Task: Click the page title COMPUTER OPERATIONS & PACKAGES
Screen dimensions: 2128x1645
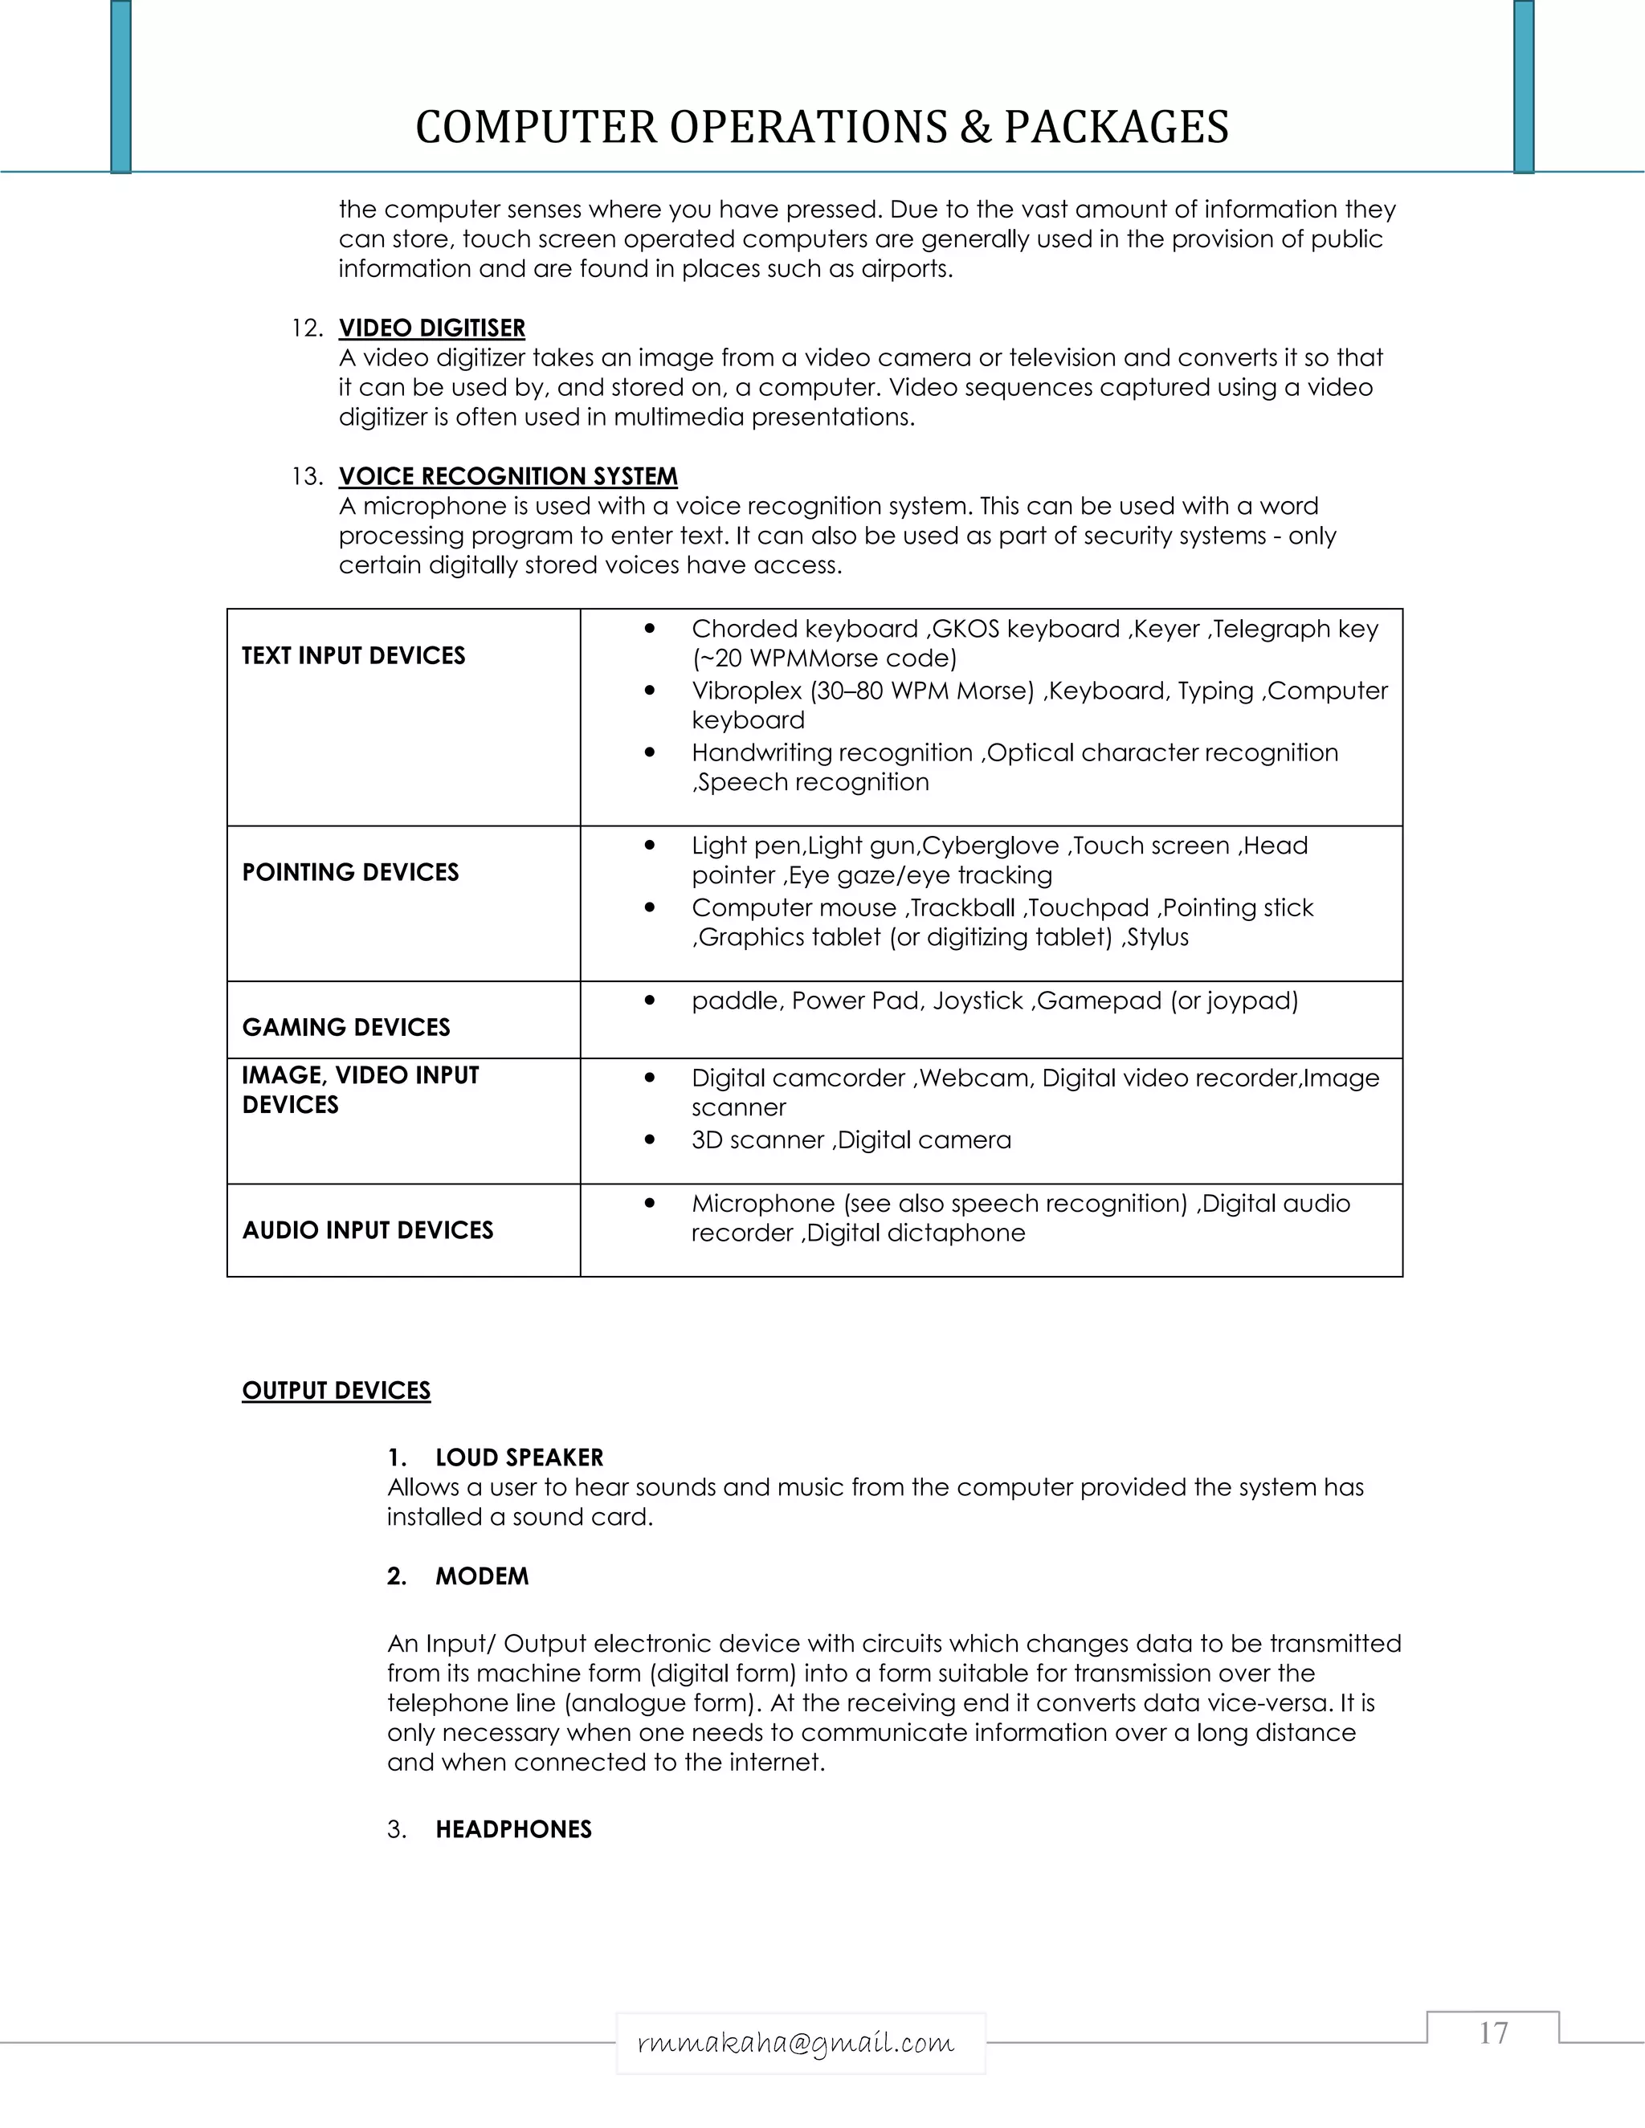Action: [822, 128]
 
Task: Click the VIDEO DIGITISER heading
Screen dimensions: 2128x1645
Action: [431, 328]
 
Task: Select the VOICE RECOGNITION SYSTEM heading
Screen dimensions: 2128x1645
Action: [508, 476]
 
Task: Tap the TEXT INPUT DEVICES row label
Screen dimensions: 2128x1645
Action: [353, 656]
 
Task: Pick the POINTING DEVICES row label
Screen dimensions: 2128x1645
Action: [350, 872]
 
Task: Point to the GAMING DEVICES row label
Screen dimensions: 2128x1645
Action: [346, 1027]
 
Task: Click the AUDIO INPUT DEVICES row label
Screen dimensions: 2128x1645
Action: [367, 1229]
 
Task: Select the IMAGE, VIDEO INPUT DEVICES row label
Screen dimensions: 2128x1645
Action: [360, 1090]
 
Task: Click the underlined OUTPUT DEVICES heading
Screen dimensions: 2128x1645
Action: [337, 1390]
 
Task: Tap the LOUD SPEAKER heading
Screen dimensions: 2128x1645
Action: [518, 1457]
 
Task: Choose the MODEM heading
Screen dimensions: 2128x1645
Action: [481, 1576]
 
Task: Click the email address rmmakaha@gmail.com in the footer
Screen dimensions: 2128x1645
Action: [795, 2041]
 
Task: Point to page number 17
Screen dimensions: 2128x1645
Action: [1493, 2033]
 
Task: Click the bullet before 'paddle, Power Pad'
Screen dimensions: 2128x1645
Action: [649, 1001]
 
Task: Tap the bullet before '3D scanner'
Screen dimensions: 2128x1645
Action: [649, 1140]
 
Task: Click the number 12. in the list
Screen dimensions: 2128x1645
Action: [307, 328]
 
